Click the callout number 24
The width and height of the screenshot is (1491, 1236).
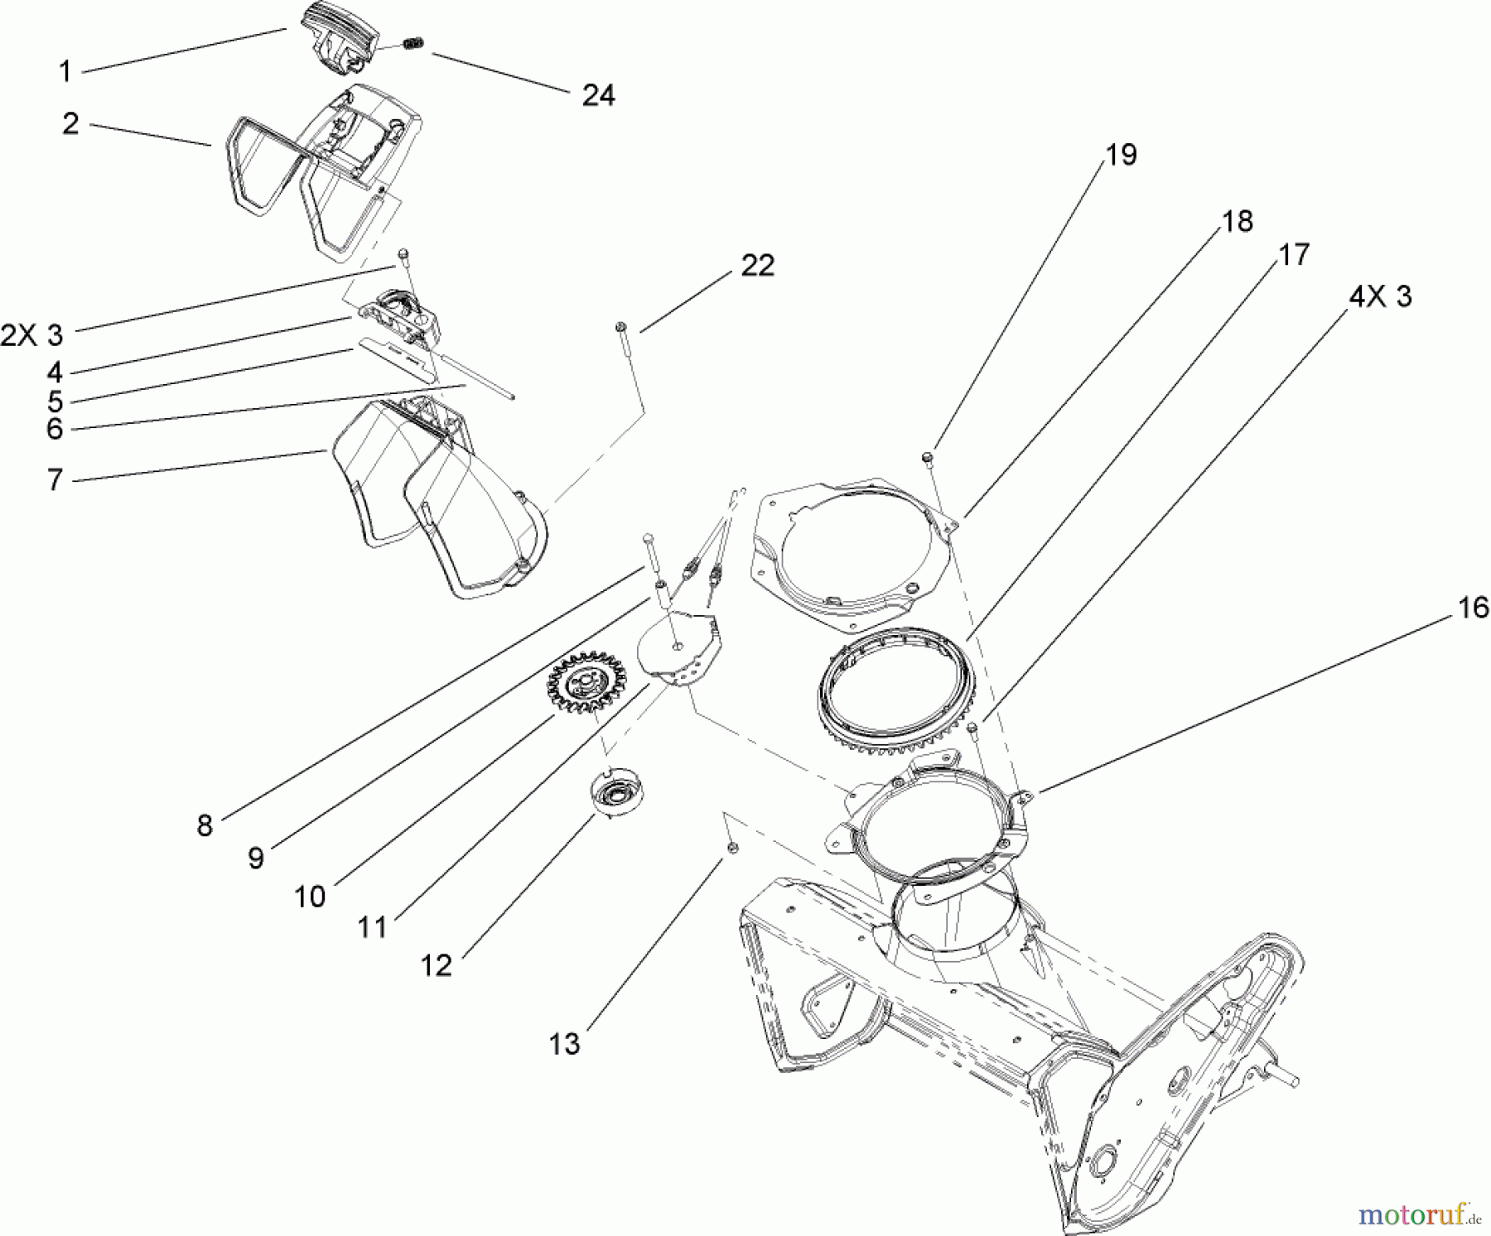coord(598,95)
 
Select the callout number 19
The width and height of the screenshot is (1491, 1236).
coord(1122,155)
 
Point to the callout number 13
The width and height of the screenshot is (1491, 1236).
coord(565,1044)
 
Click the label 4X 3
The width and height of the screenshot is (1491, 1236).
coord(1381,296)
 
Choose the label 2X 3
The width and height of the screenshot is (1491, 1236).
coord(31,335)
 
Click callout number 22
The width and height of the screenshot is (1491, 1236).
coord(757,266)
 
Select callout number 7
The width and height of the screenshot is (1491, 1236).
coord(55,479)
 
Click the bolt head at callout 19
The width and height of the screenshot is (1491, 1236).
coord(929,456)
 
